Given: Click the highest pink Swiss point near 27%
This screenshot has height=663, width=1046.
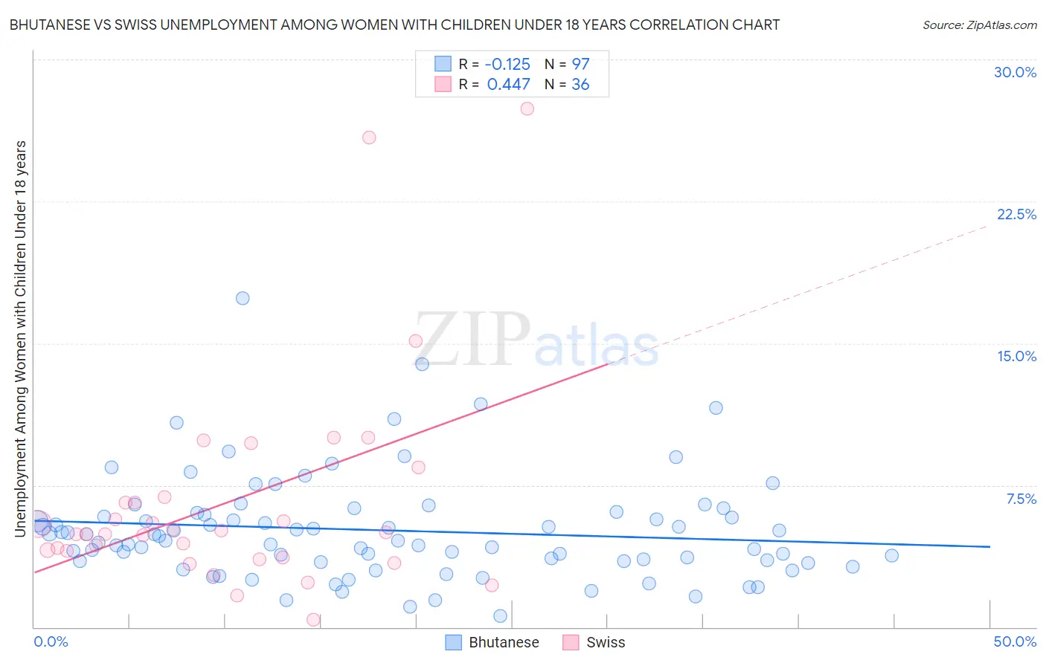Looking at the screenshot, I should coord(527,109).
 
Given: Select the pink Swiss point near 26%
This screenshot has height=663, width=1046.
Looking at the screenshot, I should coord(369,138).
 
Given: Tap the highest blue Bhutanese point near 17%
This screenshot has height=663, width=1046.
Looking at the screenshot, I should coord(243,298).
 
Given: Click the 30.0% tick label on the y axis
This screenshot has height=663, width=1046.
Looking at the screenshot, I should coord(1015,72).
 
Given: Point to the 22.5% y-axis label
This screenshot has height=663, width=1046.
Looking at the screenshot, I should coord(1016,214).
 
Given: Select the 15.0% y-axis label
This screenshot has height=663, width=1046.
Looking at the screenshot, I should coord(1016,356).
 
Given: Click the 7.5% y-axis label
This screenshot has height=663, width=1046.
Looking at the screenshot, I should coord(1021,499).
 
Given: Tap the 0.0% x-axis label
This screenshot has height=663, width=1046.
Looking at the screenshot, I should coord(51,641).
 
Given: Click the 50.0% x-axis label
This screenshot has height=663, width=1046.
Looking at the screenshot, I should coord(1015,641).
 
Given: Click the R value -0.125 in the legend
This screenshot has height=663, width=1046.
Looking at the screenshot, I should coord(507,64).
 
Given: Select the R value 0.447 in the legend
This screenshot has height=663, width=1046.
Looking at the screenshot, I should coord(508,85).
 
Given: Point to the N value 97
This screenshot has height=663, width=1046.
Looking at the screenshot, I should coord(580,64).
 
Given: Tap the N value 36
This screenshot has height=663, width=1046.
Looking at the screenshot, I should coord(580,85).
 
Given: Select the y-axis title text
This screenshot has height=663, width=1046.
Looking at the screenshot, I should coord(20,338).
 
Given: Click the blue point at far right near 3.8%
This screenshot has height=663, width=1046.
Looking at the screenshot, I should coord(891,555).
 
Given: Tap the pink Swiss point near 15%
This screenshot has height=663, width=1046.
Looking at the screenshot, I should coord(415,341).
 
